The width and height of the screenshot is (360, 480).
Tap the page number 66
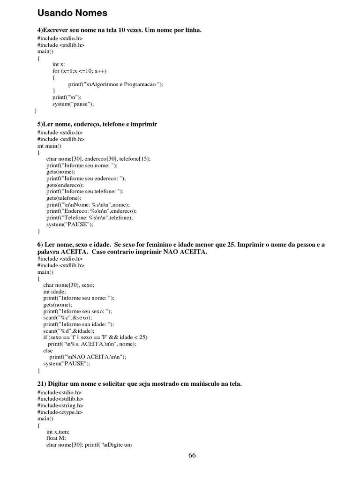[x=192, y=456]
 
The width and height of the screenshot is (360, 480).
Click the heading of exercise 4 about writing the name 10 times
[x=120, y=30]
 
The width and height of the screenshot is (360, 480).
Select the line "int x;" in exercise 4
[x=59, y=64]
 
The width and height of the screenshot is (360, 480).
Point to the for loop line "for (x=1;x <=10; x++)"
[x=79, y=71]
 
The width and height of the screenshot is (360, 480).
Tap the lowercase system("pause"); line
[x=73, y=104]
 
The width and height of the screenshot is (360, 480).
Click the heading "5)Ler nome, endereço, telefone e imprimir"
[x=97, y=124]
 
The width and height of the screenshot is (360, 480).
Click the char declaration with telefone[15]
[x=98, y=159]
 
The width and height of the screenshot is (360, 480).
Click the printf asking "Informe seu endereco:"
[x=86, y=179]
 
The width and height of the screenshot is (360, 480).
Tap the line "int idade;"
[x=55, y=291]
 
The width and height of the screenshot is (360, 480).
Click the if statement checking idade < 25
[x=95, y=337]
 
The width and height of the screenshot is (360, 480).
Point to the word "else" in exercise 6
[x=48, y=350]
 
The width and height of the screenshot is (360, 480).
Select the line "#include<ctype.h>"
[x=60, y=412]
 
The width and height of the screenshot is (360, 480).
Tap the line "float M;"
[x=56, y=438]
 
